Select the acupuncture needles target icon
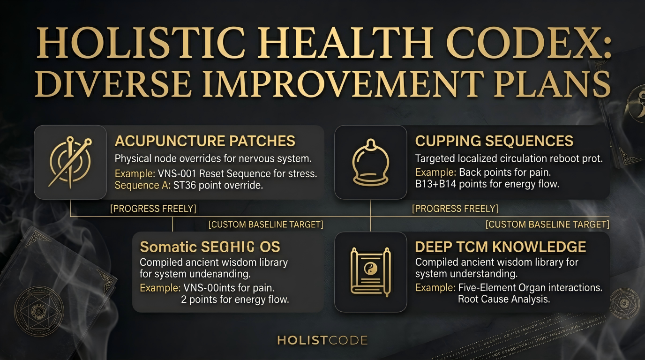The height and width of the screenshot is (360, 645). tap(70, 162)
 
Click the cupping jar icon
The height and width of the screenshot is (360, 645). tap(370, 162)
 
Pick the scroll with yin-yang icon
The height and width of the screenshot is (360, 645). tap(370, 272)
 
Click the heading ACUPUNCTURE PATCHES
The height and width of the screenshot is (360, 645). tap(205, 141)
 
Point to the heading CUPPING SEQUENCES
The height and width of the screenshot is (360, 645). tap(494, 141)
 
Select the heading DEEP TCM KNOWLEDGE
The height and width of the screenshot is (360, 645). tap(501, 247)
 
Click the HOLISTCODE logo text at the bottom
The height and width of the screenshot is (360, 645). tap(322, 340)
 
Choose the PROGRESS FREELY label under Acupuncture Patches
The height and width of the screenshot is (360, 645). tap(153, 209)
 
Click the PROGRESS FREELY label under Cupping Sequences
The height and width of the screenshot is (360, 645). tap(455, 209)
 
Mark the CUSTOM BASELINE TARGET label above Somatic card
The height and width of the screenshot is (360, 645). tap(266, 225)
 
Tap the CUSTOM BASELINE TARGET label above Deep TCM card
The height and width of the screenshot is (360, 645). tap(547, 225)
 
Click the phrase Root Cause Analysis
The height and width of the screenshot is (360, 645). tap(503, 299)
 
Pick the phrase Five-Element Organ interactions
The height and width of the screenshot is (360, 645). tap(530, 287)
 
